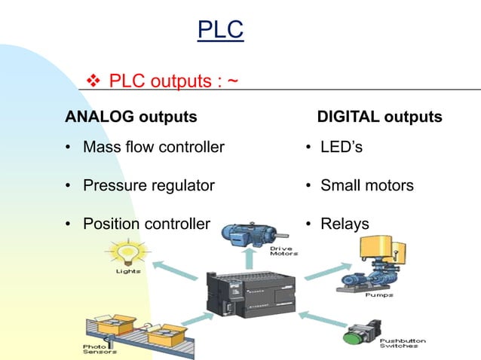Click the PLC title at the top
(220, 30)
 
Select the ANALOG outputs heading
(131, 117)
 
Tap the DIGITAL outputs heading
(379, 117)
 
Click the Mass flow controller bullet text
(153, 147)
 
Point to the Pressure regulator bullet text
(149, 185)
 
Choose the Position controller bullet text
(146, 224)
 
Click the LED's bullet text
(341, 147)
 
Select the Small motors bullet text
(366, 185)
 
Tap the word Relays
(345, 224)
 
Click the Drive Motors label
(283, 250)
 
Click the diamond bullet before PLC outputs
(96, 80)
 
